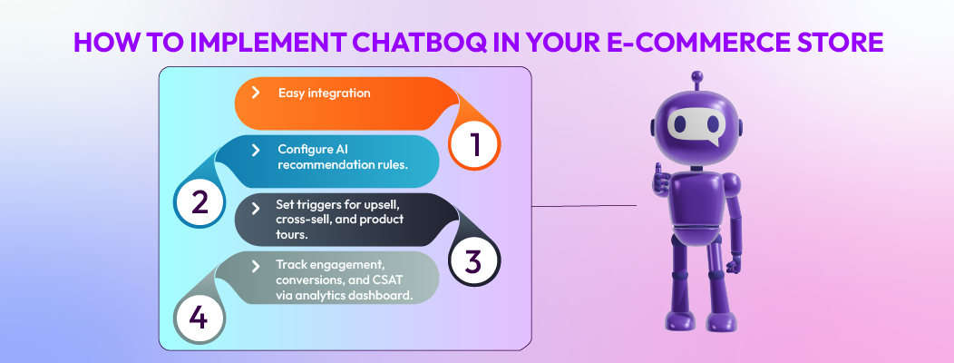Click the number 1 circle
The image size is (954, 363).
[x=474, y=144]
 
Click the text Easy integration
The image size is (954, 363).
[x=324, y=93]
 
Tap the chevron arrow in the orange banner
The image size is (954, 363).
[x=257, y=93]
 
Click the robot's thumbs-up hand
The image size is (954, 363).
[x=659, y=179]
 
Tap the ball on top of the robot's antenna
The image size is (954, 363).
[x=696, y=77]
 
